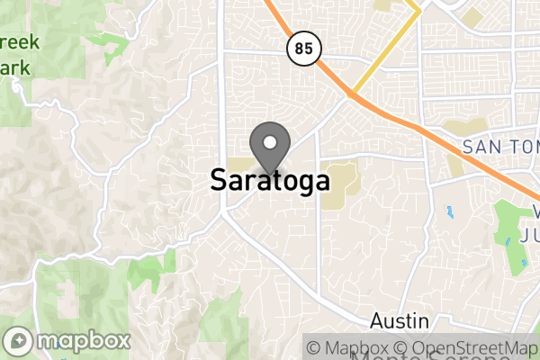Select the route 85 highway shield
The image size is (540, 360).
click(x=303, y=49)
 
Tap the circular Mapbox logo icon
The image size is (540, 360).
click(x=20, y=342)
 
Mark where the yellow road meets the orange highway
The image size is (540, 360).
click(x=350, y=94)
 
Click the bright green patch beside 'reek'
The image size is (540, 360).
click(x=112, y=41)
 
